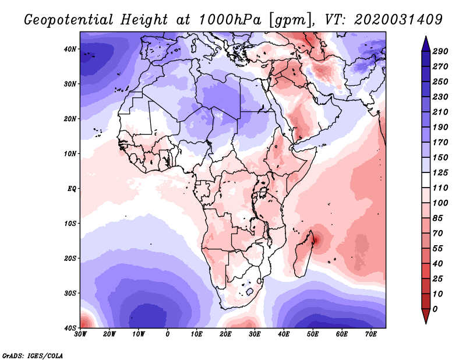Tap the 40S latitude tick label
[x=70, y=328]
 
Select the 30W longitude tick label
[x=80, y=334]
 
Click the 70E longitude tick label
[x=370, y=334]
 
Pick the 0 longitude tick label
[x=168, y=334]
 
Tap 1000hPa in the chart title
[x=230, y=19]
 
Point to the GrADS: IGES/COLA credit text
[x=33, y=355]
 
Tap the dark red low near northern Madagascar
[x=315, y=238]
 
